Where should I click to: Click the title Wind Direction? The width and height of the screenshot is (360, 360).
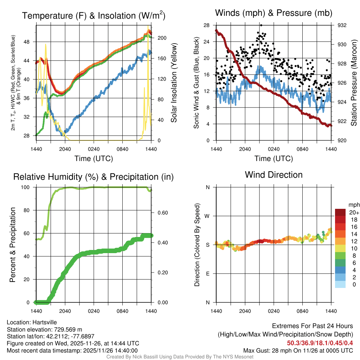(274, 175)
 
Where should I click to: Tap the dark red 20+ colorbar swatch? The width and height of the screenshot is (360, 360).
(340, 212)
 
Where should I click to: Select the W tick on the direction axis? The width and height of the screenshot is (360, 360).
(208, 216)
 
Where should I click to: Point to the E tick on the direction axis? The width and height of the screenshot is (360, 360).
(208, 274)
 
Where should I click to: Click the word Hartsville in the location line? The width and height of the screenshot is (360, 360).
(45, 322)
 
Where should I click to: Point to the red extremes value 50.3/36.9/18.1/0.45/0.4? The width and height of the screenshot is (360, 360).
(320, 343)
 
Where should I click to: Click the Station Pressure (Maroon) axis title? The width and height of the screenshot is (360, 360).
(354, 83)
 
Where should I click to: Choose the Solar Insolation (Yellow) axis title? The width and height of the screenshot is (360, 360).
(174, 83)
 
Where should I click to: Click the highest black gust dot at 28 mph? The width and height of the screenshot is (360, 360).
(261, 25)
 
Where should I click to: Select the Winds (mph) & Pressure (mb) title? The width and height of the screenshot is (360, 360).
(274, 13)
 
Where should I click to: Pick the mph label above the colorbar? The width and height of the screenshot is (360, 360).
(353, 205)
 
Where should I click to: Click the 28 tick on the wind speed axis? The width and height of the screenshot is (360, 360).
(207, 25)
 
